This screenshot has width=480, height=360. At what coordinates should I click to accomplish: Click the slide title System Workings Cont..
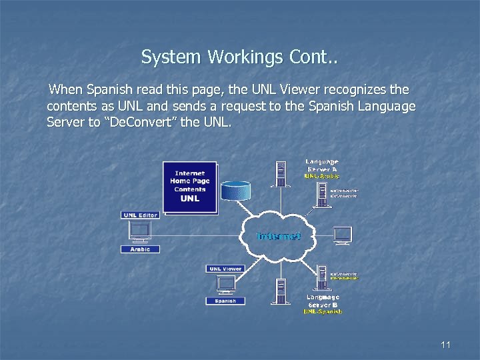(x=239, y=58)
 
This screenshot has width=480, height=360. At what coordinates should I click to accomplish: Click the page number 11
(x=446, y=345)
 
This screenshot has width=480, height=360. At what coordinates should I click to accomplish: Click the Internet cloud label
(x=279, y=236)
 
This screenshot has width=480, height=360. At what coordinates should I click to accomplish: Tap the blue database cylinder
(x=237, y=189)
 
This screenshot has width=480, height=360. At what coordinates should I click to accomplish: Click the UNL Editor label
(x=140, y=215)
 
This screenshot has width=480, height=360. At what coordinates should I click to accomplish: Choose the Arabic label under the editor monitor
(x=140, y=249)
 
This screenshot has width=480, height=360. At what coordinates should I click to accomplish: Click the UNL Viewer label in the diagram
(x=225, y=269)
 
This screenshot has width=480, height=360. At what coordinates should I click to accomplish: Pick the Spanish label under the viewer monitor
(x=225, y=301)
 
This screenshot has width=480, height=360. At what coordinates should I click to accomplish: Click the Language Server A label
(x=322, y=165)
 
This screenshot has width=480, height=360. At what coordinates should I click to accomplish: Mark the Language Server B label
(x=323, y=301)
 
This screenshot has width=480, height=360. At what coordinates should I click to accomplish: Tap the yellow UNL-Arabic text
(x=322, y=176)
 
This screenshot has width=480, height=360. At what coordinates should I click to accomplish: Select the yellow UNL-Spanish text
(x=323, y=311)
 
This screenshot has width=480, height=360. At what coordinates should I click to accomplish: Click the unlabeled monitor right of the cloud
(x=343, y=235)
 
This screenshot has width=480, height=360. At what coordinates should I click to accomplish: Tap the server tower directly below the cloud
(x=281, y=290)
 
